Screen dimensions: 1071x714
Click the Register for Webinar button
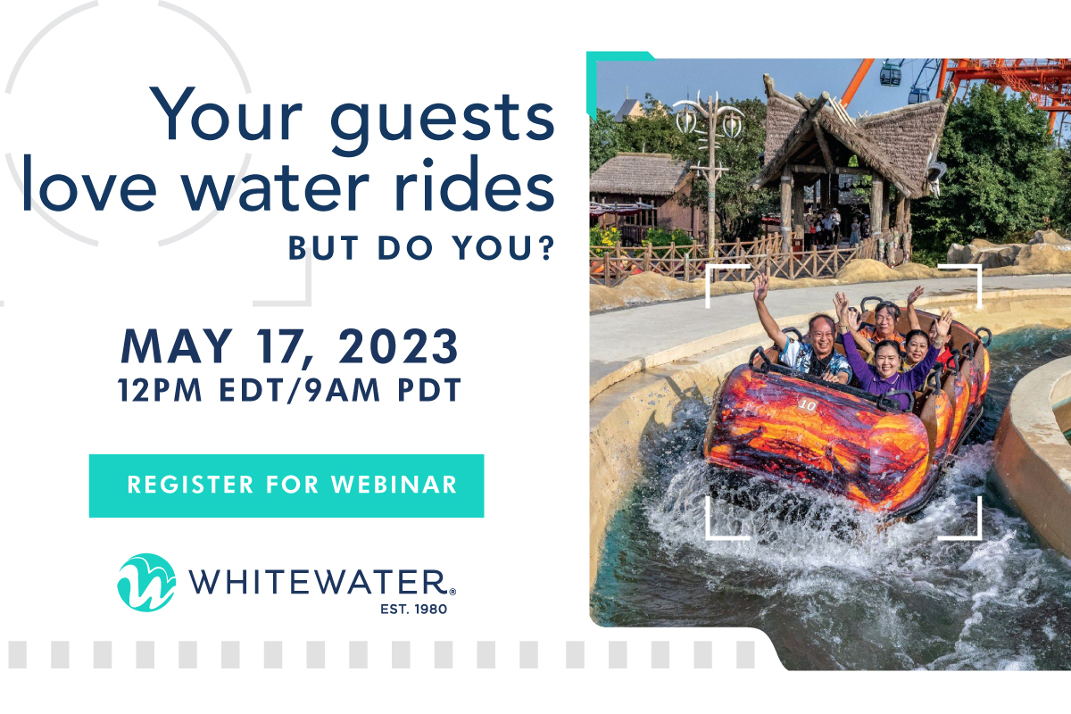click(x=286, y=486)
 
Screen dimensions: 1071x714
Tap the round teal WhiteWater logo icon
click(x=146, y=583)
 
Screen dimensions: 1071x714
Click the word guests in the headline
click(x=443, y=120)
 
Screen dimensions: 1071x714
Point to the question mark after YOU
click(x=547, y=247)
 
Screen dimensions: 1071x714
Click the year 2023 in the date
click(x=399, y=346)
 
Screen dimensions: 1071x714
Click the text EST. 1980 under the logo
click(x=413, y=609)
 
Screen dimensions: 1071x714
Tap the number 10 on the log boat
click(x=808, y=405)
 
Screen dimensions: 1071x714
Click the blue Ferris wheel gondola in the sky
click(x=891, y=74)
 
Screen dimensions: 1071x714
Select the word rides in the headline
click(x=475, y=183)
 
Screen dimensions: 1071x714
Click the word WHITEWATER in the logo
click(x=318, y=582)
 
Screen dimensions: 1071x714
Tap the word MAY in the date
click(x=177, y=346)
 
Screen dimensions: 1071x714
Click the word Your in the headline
click(x=226, y=114)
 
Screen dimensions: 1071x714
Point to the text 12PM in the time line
click(x=160, y=390)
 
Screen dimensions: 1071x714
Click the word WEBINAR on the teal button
click(x=394, y=485)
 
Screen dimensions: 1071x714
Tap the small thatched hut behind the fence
click(x=641, y=191)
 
